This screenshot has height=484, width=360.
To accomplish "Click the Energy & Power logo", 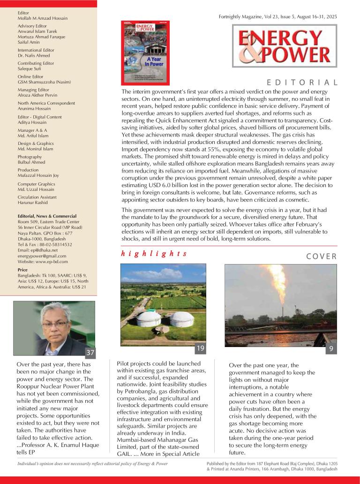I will click(284, 46).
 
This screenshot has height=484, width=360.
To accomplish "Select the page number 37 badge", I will click(90, 353).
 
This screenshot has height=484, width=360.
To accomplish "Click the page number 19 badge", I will click(200, 348).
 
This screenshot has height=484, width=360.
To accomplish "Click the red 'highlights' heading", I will click(154, 254).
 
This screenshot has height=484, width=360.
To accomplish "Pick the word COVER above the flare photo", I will click(322, 256).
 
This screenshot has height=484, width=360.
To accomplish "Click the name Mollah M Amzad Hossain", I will click(43, 18).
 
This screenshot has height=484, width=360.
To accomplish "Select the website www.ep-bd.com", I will click(43, 262).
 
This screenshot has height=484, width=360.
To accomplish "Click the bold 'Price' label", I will click(22, 270).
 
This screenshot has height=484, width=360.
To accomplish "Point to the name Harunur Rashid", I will click(33, 203).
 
